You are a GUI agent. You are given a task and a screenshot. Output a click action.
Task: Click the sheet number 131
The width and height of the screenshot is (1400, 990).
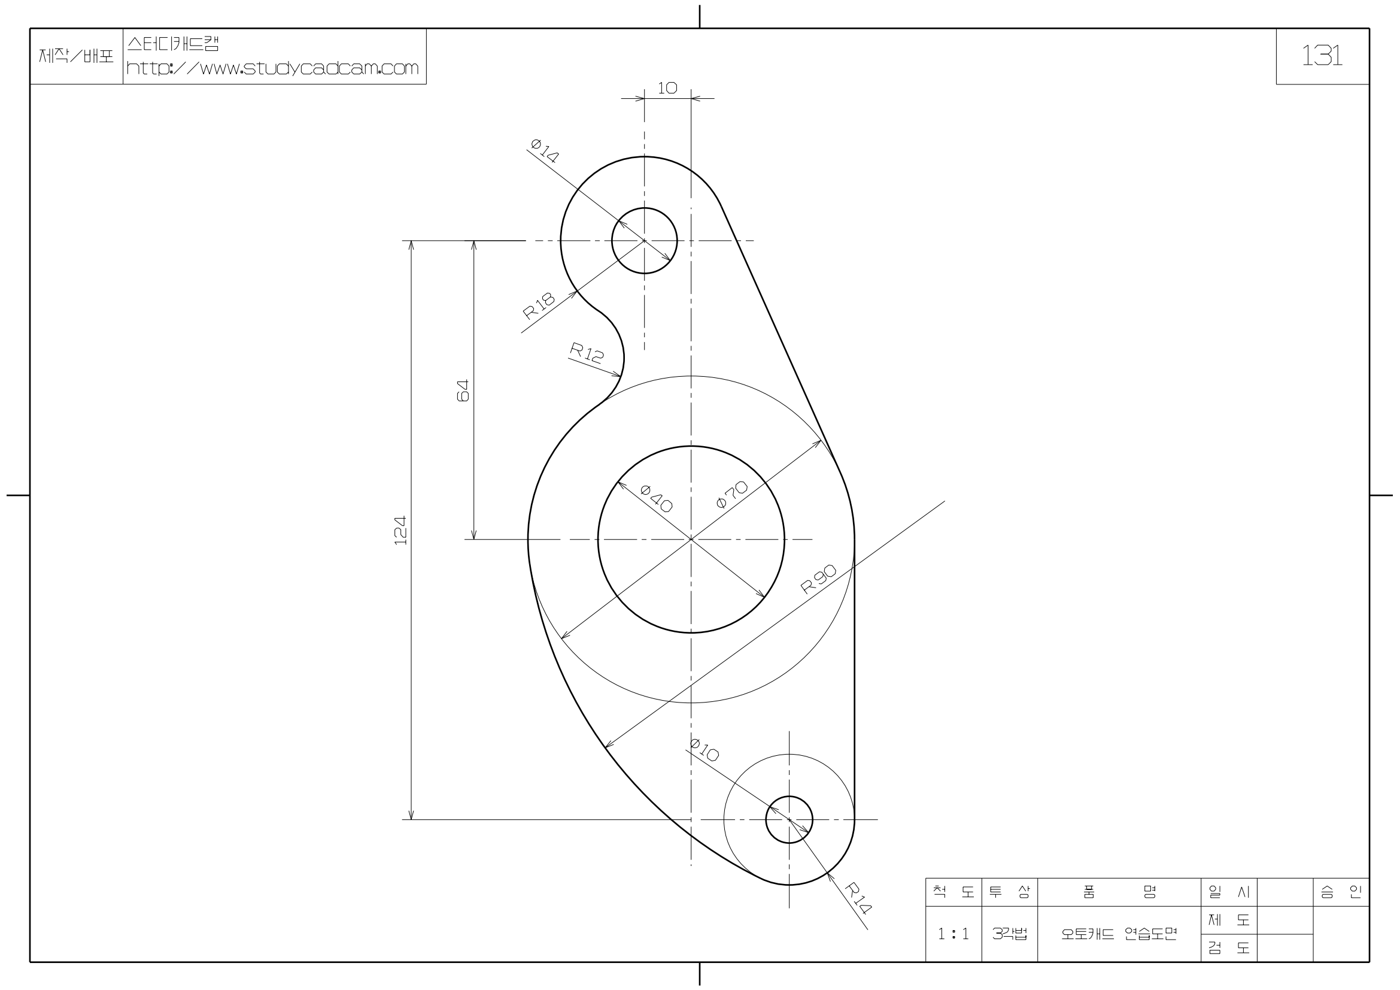pyautogui.click(x=1322, y=56)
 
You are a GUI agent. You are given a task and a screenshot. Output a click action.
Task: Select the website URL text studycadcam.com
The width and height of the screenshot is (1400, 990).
pyautogui.click(x=272, y=68)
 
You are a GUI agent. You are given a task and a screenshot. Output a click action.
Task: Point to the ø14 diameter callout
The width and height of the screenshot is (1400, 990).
pyautogui.click(x=545, y=151)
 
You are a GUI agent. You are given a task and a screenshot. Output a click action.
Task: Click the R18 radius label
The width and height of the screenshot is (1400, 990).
pyautogui.click(x=539, y=306)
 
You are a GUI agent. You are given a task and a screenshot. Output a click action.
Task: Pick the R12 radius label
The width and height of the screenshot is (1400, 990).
pyautogui.click(x=587, y=353)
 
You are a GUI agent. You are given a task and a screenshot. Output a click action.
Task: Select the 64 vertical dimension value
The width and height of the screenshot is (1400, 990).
pyautogui.click(x=463, y=390)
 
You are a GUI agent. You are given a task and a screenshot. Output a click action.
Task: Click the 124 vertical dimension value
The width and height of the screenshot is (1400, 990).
pyautogui.click(x=400, y=530)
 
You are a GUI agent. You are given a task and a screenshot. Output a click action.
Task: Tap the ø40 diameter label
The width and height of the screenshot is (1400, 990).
pyautogui.click(x=657, y=498)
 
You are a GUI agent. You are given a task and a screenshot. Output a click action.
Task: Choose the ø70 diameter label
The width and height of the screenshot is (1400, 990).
pyautogui.click(x=731, y=495)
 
